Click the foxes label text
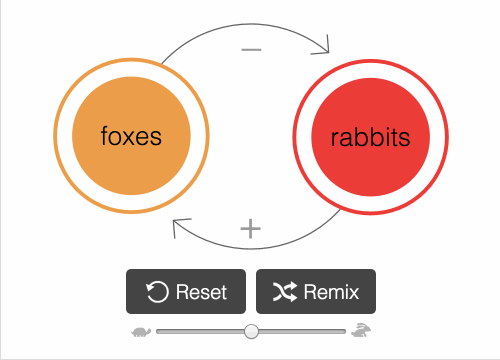[131, 136]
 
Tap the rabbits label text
[370, 136]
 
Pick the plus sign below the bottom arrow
[250, 228]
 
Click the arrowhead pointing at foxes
[178, 225]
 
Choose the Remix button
[316, 292]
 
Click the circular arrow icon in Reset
[157, 292]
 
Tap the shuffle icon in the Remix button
[284, 292]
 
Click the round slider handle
[251, 331]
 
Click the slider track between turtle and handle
[200, 331]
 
